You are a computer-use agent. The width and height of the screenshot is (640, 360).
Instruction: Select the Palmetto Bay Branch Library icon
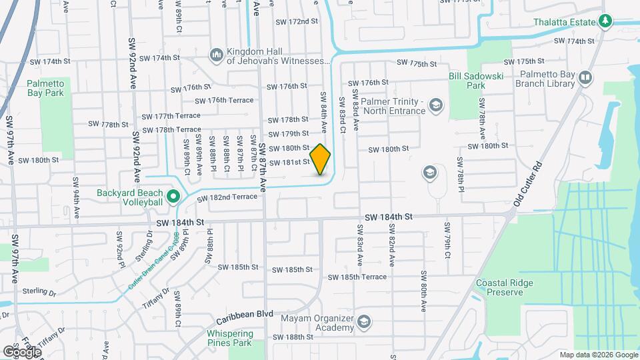[x=585, y=79]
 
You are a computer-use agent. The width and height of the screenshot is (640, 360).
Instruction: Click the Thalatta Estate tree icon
[x=605, y=21]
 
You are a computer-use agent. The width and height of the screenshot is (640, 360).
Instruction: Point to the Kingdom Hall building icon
[x=216, y=54]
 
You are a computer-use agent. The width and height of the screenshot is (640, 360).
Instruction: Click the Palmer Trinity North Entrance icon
[x=435, y=105]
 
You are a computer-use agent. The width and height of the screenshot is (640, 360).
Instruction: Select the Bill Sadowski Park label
[x=475, y=81]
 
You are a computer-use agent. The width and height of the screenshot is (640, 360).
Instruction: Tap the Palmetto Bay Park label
[x=45, y=88]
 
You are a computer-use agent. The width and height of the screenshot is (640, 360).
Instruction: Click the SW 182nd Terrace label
[x=225, y=197]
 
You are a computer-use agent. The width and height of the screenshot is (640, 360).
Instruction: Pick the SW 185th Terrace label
[x=357, y=277]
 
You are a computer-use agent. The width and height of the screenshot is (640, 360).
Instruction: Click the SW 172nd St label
[x=297, y=21]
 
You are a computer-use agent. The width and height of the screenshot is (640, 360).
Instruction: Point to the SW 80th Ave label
[x=424, y=292]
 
